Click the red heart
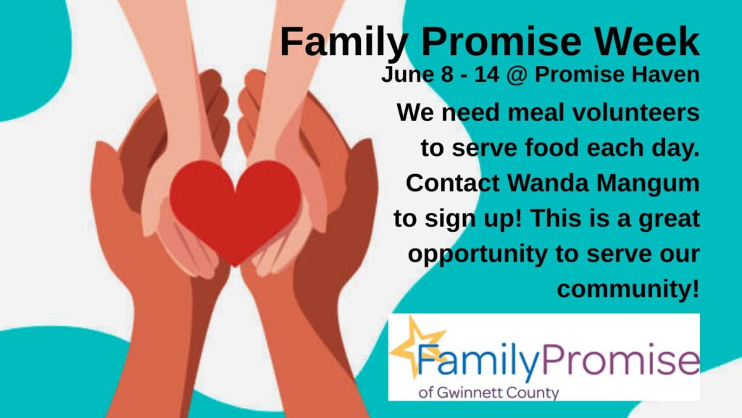pos(235,208)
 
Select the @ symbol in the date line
pos(517,75)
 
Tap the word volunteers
pos(636,112)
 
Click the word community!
pos(628,289)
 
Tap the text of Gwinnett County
pos(489,393)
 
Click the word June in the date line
pos(407,74)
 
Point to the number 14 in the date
pos(487,74)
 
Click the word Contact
pos(453,183)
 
